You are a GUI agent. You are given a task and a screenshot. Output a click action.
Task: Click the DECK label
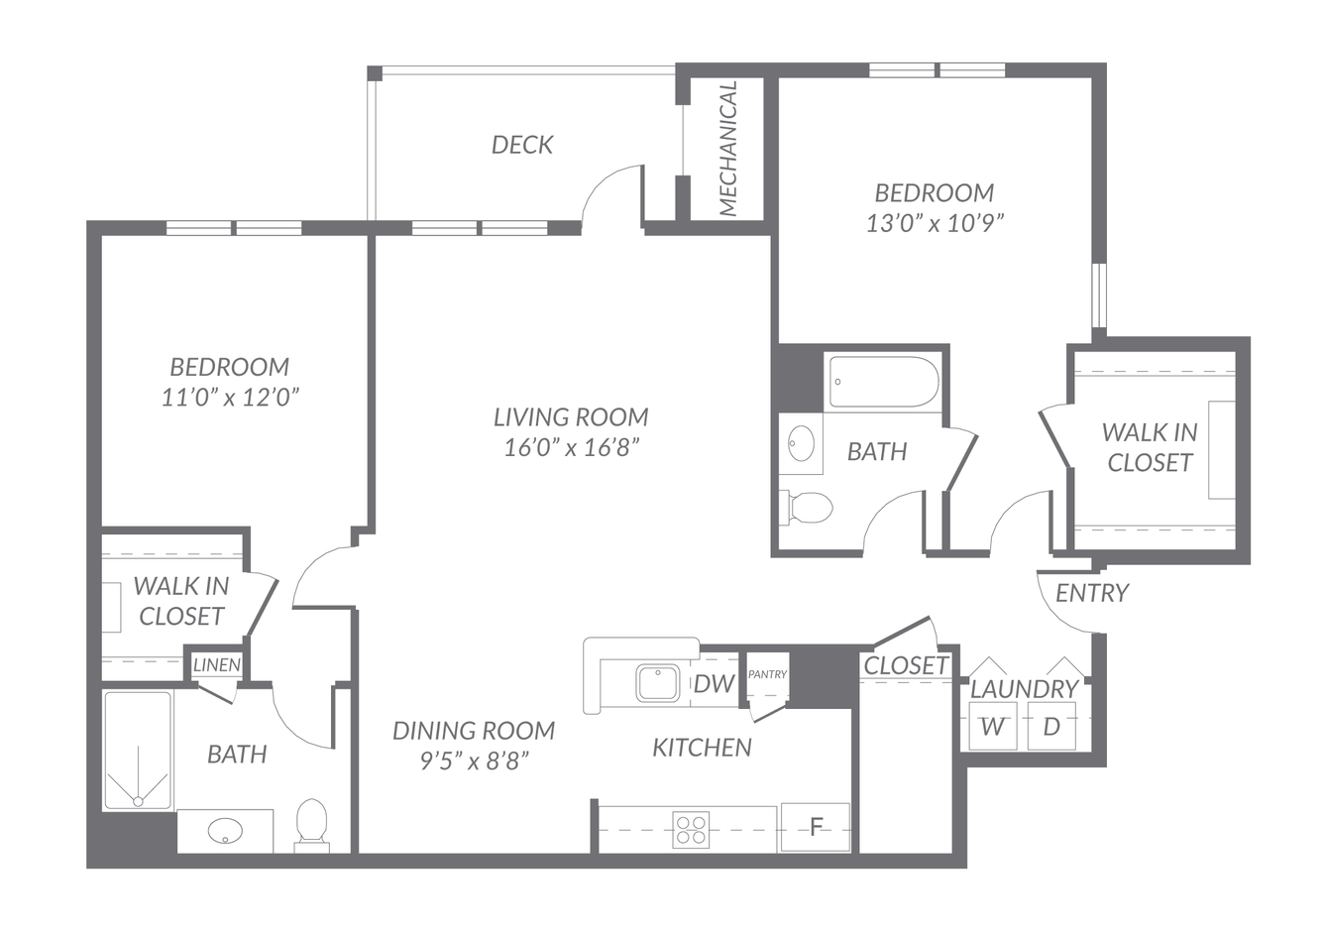pyautogui.click(x=522, y=145)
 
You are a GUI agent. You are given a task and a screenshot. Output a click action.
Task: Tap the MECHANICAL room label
pyautogui.click(x=728, y=149)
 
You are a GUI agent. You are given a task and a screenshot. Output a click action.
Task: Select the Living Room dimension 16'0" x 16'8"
pyautogui.click(x=572, y=448)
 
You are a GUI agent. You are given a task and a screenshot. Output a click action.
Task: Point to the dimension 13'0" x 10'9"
pyautogui.click(x=936, y=224)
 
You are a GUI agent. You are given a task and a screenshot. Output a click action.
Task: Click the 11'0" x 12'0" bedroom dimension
pyautogui.click(x=231, y=397)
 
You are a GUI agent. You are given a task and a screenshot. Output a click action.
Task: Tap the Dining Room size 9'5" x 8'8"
pyautogui.click(x=474, y=761)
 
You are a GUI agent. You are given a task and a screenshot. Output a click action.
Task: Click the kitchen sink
pyautogui.click(x=657, y=683)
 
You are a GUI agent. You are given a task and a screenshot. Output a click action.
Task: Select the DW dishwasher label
pyautogui.click(x=714, y=684)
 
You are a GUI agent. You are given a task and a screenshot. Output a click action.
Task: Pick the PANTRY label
pyautogui.click(x=767, y=674)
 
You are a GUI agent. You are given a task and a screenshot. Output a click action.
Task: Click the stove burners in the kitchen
pyautogui.click(x=691, y=829)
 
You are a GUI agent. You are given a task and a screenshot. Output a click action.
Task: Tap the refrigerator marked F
pyautogui.click(x=816, y=827)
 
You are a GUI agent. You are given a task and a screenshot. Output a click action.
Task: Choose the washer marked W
pyautogui.click(x=993, y=726)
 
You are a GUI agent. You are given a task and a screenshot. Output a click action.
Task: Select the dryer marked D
pyautogui.click(x=1051, y=726)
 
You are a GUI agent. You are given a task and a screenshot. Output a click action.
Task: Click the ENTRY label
pyautogui.click(x=1092, y=593)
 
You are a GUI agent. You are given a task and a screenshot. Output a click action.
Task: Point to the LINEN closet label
pyautogui.click(x=217, y=665)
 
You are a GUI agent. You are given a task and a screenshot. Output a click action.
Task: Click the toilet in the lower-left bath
pyautogui.click(x=311, y=825)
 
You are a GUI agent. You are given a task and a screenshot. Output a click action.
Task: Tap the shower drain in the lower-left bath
pyautogui.click(x=138, y=801)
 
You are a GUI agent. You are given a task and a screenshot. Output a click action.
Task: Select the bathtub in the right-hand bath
pyautogui.click(x=884, y=382)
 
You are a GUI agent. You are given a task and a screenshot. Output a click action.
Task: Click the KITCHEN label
pyautogui.click(x=703, y=748)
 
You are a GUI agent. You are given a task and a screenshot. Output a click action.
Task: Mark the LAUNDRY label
pyautogui.click(x=1025, y=689)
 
